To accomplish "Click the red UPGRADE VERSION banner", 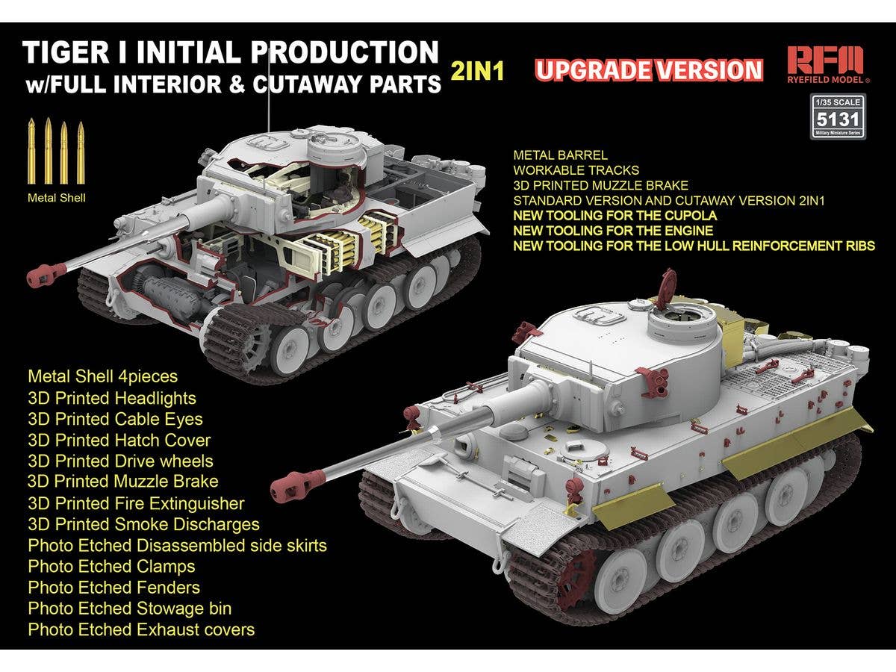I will pyautogui.click(x=649, y=70).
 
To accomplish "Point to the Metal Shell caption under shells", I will pyautogui.click(x=56, y=198).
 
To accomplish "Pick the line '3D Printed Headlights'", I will pyautogui.click(x=112, y=398).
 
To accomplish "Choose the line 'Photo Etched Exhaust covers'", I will pyautogui.click(x=141, y=629).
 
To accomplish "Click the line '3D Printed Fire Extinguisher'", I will pyautogui.click(x=136, y=503).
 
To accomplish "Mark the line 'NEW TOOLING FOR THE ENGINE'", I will pyautogui.click(x=613, y=231).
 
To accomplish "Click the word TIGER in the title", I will pyautogui.click(x=66, y=52).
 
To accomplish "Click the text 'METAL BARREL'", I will pyautogui.click(x=560, y=155).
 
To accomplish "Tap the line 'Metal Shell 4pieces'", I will pyautogui.click(x=102, y=377).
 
